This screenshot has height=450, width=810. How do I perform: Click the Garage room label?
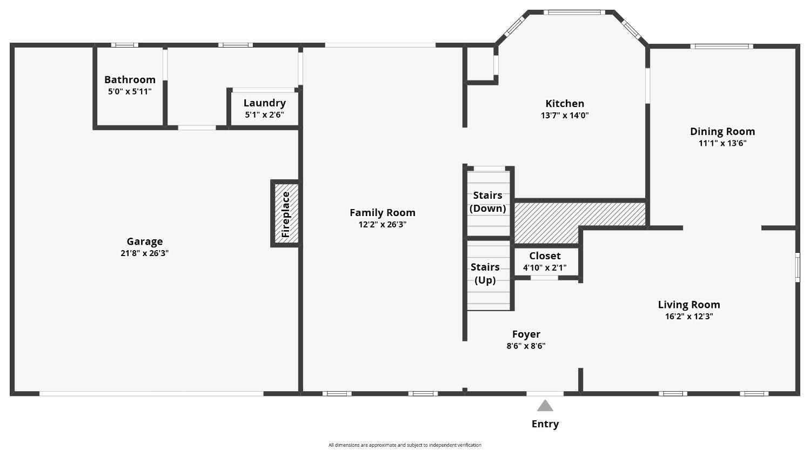[145, 241]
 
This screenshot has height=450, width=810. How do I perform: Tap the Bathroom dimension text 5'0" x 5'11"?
[130, 91]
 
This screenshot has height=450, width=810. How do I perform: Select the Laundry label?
[265, 103]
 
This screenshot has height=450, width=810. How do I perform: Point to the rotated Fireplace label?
[286, 214]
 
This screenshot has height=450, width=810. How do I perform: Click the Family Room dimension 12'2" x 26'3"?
[383, 224]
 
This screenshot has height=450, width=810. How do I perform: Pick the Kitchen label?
[565, 103]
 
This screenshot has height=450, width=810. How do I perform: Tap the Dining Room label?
[722, 131]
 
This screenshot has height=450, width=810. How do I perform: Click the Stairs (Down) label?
[488, 202]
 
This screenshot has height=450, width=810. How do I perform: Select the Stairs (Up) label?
[485, 273]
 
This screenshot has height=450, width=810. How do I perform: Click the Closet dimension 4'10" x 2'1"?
[545, 268]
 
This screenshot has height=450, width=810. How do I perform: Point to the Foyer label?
[526, 334]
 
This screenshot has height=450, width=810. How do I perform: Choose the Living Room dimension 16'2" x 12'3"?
[689, 317]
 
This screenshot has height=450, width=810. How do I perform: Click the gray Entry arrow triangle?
[545, 406]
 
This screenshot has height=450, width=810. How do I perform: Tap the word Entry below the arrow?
[545, 424]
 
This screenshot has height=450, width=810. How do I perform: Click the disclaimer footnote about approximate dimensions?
[405, 445]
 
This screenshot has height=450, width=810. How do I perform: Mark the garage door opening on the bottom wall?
[151, 394]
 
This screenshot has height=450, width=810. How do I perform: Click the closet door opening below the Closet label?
[544, 278]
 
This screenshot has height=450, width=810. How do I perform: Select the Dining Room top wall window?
[722, 46]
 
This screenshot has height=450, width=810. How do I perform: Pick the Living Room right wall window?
[798, 267]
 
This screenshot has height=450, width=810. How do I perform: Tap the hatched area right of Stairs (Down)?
[564, 219]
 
